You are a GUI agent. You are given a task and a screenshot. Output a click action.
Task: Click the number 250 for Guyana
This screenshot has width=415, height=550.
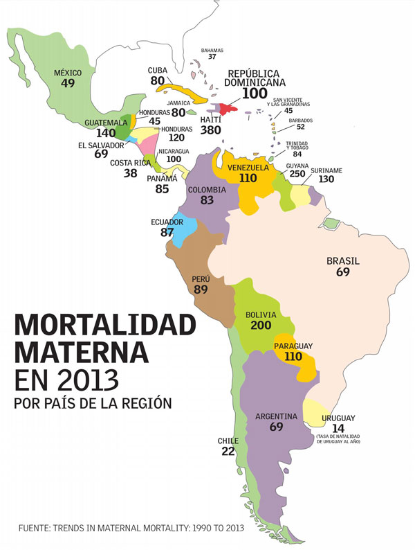[x=297, y=175]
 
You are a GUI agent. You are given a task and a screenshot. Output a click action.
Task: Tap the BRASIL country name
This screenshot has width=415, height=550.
[x=343, y=262]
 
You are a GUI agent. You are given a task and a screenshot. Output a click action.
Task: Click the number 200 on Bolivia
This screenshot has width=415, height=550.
[x=260, y=326]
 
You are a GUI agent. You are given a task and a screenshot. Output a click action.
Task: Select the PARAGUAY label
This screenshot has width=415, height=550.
[x=294, y=346]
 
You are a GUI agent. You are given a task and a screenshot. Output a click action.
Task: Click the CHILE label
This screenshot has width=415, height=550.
[x=228, y=441]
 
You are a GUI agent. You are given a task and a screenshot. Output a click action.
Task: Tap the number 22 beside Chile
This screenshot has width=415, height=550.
[x=228, y=451]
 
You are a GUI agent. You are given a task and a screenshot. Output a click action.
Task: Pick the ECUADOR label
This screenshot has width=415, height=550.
[x=167, y=222]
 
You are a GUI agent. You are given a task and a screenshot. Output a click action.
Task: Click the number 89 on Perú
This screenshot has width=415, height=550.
[x=201, y=290]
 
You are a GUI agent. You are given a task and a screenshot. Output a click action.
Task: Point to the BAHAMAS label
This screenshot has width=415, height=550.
[x=212, y=51]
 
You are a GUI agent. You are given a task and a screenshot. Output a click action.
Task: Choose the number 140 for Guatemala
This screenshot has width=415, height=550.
[x=107, y=132]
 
